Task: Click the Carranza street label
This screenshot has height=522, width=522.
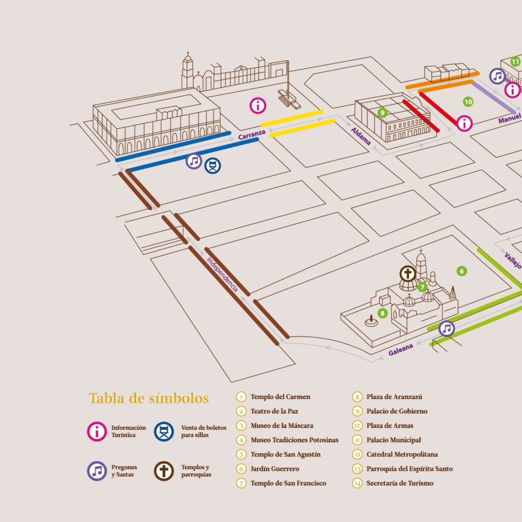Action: pyautogui.click(x=252, y=135)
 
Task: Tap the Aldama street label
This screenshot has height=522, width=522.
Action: pyautogui.click(x=360, y=136)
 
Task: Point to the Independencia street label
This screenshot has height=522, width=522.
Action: pyautogui.click(x=222, y=274)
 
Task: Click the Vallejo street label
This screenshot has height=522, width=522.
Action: pyautogui.click(x=513, y=260)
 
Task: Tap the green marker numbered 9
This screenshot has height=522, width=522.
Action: pyautogui.click(x=382, y=113)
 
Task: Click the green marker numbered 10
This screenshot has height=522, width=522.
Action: pyautogui.click(x=468, y=101)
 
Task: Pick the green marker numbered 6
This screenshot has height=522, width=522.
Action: pyautogui.click(x=461, y=271)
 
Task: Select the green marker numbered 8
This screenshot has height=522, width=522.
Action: pyautogui.click(x=382, y=314)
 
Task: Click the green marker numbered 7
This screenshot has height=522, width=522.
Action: pyautogui.click(x=423, y=286)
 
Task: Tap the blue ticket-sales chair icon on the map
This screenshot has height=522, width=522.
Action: pyautogui.click(x=213, y=166)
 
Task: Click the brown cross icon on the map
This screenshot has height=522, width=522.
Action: pyautogui.click(x=408, y=274)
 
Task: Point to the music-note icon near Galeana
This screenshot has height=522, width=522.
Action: pyautogui.click(x=447, y=329)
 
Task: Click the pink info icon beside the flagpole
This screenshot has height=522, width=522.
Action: pyautogui.click(x=257, y=106)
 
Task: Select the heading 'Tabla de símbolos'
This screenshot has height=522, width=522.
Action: pyautogui.click(x=149, y=398)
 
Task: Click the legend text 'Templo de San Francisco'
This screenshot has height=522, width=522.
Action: pyautogui.click(x=289, y=483)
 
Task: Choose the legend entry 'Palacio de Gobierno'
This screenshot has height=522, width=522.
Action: pyautogui.click(x=397, y=411)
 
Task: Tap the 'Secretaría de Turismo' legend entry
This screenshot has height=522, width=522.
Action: pyautogui.click(x=400, y=483)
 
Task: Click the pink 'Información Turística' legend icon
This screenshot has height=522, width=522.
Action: pyautogui.click(x=97, y=431)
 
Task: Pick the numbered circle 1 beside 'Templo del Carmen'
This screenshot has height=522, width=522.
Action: pyautogui.click(x=241, y=397)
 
